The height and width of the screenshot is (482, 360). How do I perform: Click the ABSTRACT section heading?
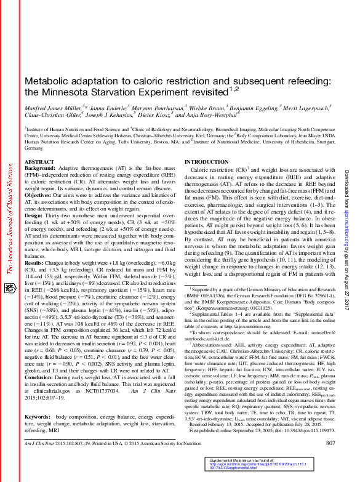coord(39,161)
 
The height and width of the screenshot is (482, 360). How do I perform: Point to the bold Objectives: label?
coord(40,195)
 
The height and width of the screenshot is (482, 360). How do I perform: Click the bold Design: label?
coord(34,215)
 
